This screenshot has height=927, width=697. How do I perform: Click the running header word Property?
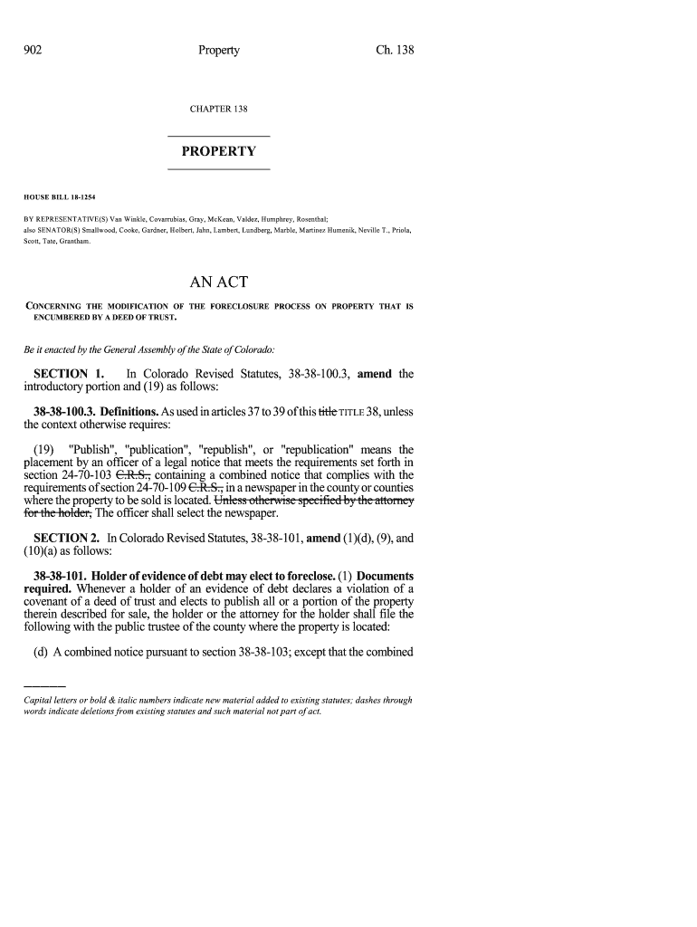(218, 51)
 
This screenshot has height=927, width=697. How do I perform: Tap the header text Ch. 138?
(395, 51)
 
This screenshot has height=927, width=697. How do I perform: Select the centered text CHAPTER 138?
(218, 110)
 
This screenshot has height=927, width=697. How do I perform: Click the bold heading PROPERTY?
(218, 151)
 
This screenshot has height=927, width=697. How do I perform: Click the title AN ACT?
(218, 282)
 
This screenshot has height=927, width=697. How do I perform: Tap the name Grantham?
(73, 242)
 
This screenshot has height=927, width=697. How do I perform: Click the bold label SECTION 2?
(66, 538)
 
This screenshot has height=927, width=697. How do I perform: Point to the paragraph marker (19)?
(42, 450)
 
